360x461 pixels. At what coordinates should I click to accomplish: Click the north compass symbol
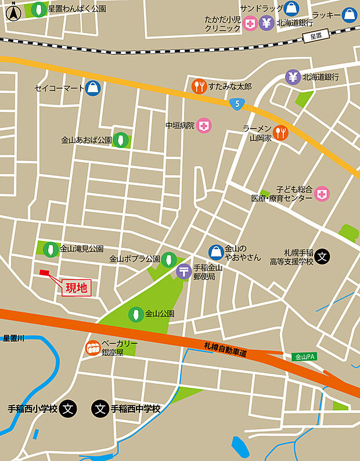(12, 11)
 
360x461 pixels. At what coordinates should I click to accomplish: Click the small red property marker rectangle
(45, 272)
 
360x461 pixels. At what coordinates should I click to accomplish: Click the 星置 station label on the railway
(315, 36)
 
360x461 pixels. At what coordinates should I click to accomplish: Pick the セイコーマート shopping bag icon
(92, 88)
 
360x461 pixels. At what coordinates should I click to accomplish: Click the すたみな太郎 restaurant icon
(199, 86)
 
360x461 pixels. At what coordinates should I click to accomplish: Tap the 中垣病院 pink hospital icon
(204, 125)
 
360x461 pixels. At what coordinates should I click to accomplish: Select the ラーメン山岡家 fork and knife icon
(280, 132)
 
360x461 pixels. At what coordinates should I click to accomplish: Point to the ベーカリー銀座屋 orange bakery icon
(93, 348)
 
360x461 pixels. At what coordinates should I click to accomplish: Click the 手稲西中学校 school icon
(100, 409)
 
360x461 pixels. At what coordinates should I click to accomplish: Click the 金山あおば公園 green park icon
(121, 140)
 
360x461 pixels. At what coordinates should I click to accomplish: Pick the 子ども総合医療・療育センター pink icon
(322, 193)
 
